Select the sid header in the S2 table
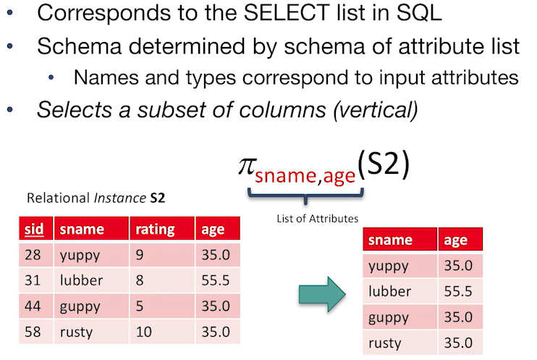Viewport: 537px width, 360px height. pos(33,230)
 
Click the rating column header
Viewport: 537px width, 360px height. pos(155,230)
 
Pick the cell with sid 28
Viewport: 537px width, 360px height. pos(33,255)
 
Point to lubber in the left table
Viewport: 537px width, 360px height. pos(82,280)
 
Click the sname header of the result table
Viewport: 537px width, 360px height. pos(390,240)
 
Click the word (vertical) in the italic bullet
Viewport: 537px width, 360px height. pos(371,111)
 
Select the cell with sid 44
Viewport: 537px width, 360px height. pos(33,306)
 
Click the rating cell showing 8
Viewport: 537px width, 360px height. pos(140,280)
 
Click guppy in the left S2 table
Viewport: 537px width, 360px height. pos(80,306)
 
